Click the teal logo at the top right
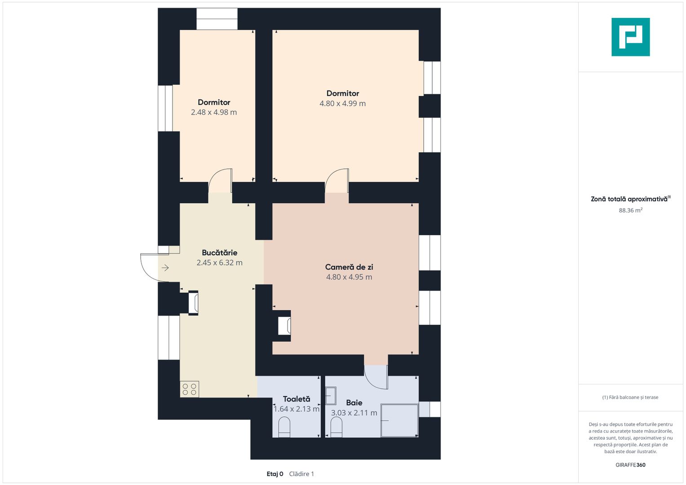pos(631,37)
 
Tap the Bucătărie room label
pos(220,252)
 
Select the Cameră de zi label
pos(349,267)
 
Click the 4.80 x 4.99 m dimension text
pos(343,103)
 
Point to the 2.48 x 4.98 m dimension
pos(214,112)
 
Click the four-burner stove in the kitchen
pos(189,389)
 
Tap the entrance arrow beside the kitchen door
pos(165,268)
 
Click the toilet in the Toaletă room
pos(284,427)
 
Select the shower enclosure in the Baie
pos(399,420)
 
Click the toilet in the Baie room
pos(336,427)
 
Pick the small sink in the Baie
pos(331,396)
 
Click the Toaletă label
pos(297,399)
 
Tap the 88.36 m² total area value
pos(631,210)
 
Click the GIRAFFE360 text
pos(631,465)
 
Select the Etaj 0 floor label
pos(275,474)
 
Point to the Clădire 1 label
pos(301,474)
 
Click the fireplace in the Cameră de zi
pos(284,326)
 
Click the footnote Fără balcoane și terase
pos(630,397)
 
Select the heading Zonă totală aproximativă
pos(629,199)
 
